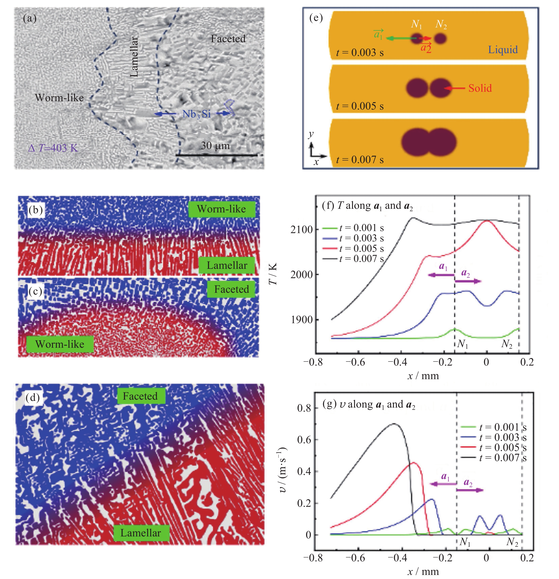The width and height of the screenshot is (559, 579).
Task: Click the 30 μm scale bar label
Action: [215, 146]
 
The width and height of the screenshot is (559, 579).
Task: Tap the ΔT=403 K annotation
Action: [53, 148]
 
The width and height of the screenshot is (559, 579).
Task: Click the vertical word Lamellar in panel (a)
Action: [134, 57]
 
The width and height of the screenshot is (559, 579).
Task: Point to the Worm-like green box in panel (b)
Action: [221, 209]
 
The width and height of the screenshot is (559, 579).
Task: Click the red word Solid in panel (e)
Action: [480, 88]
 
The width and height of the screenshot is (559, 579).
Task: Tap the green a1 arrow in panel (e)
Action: [402, 38]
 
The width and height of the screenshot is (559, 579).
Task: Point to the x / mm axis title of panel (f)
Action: [423, 376]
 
